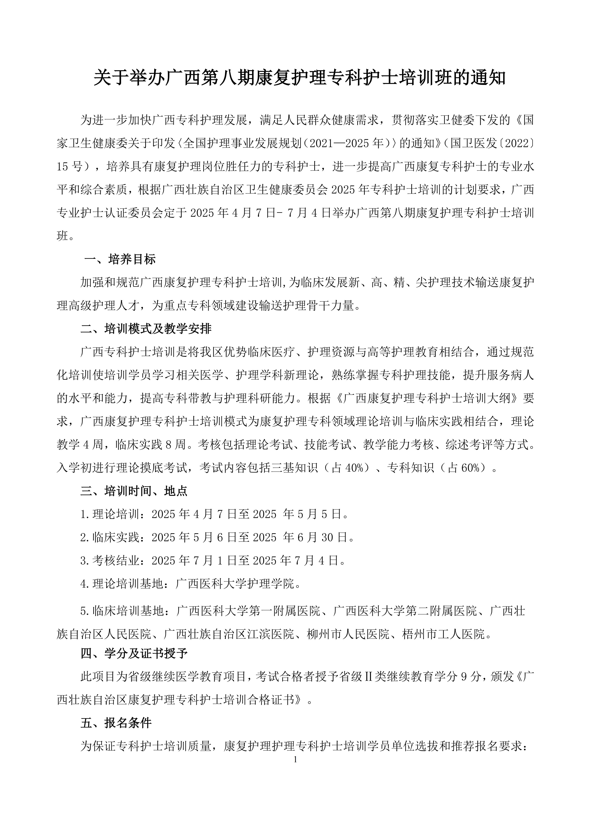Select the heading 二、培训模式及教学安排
146,329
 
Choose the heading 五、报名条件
116,723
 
